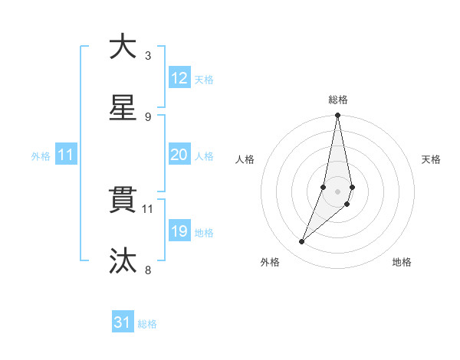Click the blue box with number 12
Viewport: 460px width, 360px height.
179,78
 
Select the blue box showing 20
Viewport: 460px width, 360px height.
179,155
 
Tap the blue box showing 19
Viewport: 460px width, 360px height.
179,231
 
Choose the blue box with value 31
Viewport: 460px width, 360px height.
123,322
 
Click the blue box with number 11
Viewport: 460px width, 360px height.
66,155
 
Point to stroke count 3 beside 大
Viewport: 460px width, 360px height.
148,56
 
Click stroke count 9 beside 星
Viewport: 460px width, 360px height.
148,117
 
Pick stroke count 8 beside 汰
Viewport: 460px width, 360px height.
148,270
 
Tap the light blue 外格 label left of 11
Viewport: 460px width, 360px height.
41,156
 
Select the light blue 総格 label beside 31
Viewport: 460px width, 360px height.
147,324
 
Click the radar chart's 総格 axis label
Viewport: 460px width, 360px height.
338,100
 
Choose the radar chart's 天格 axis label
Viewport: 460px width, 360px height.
431,159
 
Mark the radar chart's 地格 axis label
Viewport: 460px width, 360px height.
402,262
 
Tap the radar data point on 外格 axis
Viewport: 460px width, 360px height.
302,242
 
